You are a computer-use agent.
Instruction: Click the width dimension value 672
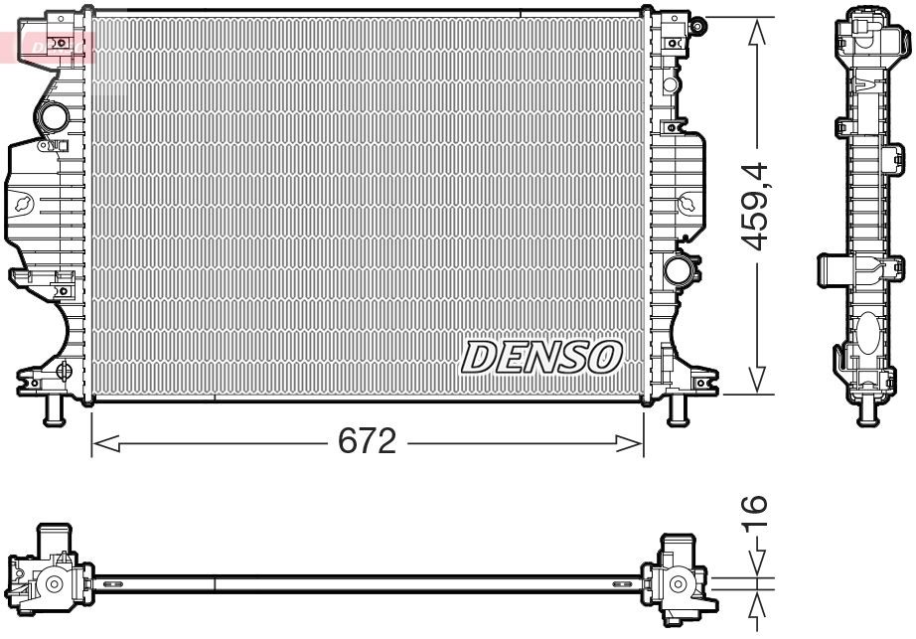tap(368, 441)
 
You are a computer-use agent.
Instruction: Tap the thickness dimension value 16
tap(758, 518)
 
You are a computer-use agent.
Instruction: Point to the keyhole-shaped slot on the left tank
tap(23, 204)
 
